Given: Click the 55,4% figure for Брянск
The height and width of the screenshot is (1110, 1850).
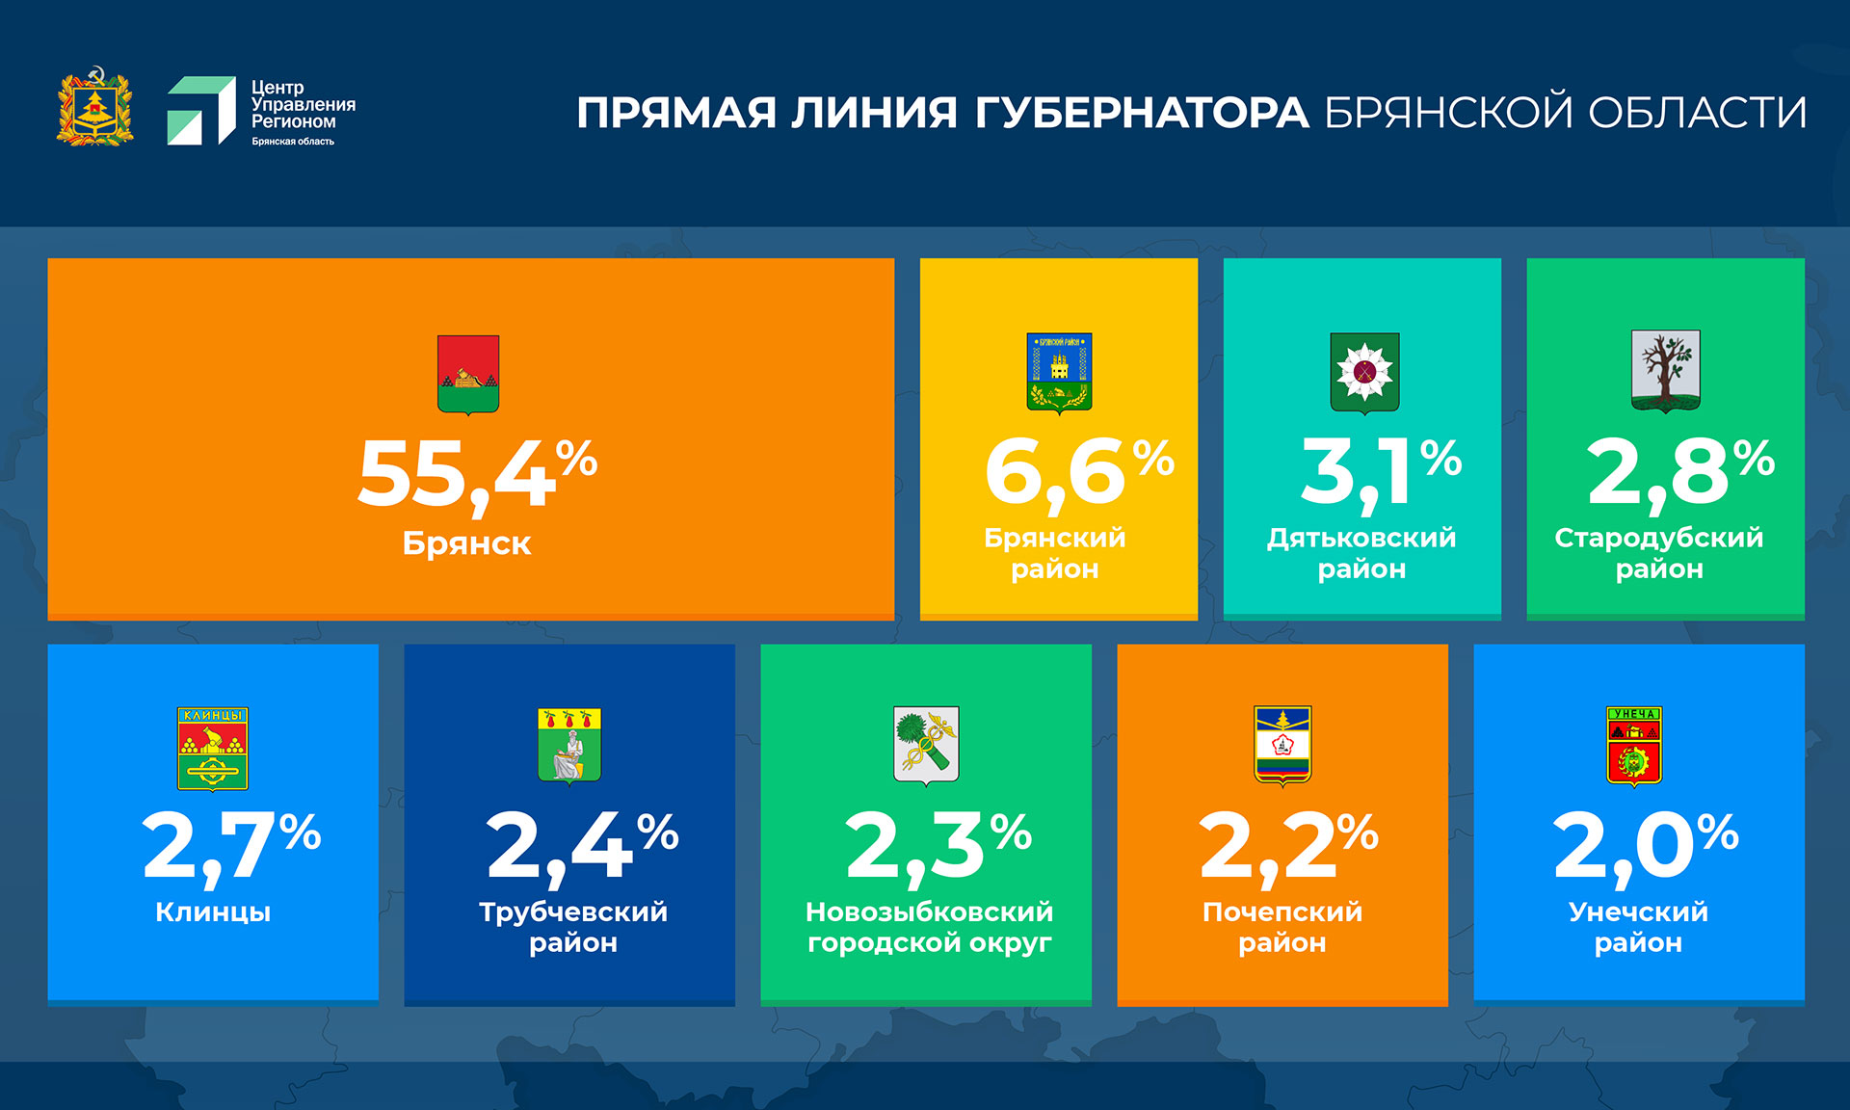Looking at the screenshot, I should [x=477, y=473].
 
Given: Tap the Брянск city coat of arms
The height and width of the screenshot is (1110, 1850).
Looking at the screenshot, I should [x=468, y=374].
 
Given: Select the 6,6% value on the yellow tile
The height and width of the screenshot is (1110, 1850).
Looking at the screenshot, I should [x=1078, y=471].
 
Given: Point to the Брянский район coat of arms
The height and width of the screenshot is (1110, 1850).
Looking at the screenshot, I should [x=1059, y=373].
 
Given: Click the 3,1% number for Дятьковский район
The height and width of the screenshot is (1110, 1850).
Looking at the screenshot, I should [x=1380, y=471].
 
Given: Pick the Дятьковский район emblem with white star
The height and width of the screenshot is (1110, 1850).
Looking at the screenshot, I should [x=1364, y=372].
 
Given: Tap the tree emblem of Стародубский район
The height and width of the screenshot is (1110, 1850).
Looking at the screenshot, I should [x=1665, y=370].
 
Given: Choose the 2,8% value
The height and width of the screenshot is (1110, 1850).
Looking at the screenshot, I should [x=1679, y=471].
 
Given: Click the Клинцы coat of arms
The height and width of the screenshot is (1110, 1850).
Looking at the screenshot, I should [x=213, y=749].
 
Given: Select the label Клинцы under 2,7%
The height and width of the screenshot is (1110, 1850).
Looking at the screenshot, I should [x=213, y=912].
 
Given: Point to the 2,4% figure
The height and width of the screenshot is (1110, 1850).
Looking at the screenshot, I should [x=582, y=845].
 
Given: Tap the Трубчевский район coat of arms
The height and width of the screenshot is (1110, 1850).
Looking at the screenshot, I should [x=569, y=746].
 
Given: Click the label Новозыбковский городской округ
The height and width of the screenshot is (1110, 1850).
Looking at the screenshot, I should [x=929, y=927].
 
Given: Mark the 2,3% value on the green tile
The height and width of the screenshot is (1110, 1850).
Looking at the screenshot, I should [x=938, y=845].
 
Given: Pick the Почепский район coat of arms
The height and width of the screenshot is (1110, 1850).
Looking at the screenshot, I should [x=1282, y=745].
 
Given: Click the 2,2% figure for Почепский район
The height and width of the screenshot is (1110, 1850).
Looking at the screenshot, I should [x=1288, y=845].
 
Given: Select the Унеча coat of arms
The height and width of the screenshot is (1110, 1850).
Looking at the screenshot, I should [x=1634, y=746].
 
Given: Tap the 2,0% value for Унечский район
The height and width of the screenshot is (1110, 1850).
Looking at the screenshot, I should [x=1645, y=845].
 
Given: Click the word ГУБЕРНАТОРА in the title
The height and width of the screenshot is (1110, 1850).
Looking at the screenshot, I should [x=1142, y=113].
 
